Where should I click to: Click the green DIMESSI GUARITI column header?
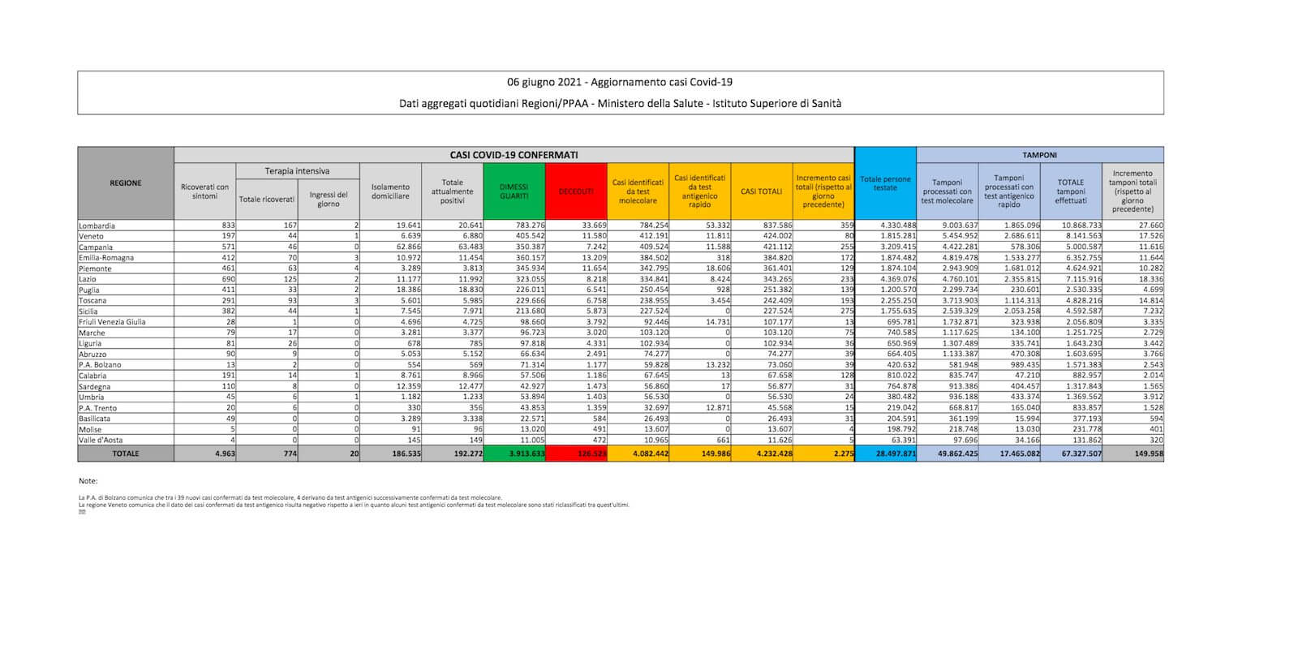(514, 191)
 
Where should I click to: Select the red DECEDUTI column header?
(576, 191)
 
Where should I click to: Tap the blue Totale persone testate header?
(885, 183)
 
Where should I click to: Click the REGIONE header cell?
(126, 183)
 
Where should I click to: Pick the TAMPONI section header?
(1039, 154)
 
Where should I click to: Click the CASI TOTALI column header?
(762, 191)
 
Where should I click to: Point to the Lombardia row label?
(97, 226)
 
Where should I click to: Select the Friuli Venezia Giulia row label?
(112, 322)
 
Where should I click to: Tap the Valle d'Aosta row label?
(101, 440)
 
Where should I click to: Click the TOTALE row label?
(126, 453)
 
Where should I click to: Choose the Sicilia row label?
(89, 312)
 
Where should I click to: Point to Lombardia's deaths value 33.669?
(591, 226)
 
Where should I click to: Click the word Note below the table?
(88, 481)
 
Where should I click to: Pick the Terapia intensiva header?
(297, 171)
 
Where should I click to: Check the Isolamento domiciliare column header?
(390, 191)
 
